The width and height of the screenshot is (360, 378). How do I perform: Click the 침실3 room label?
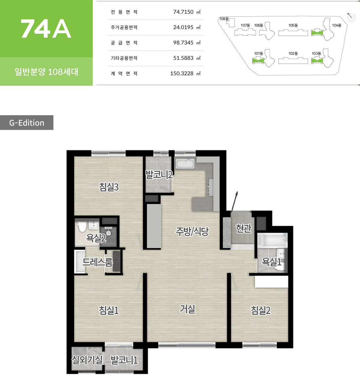point(109,187)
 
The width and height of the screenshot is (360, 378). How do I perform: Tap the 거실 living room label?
point(187,309)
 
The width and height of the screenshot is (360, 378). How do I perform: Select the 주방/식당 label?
point(192,231)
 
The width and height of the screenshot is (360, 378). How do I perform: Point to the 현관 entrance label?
point(244,228)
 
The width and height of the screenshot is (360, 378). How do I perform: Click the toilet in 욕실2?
point(82,226)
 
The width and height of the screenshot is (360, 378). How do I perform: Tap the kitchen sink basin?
point(185,163)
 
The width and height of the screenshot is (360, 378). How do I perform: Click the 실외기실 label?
point(87,360)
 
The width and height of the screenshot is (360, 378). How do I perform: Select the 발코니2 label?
point(159,174)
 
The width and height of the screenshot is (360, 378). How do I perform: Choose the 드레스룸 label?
point(98,262)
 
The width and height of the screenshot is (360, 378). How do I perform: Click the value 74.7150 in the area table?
point(183,12)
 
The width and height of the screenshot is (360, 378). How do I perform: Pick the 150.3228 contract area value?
point(182,74)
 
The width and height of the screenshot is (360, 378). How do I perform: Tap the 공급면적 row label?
point(124,43)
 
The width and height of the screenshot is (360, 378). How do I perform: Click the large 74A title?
point(46,29)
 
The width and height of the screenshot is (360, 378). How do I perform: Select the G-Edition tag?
point(27,123)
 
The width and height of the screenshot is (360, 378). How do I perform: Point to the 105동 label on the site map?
point(293,25)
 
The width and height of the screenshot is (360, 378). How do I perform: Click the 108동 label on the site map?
point(224,19)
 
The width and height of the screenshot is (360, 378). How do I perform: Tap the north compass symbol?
point(351,17)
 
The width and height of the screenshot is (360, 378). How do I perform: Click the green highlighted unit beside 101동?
point(258,61)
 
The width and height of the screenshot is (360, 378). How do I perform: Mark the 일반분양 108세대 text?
point(46,72)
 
